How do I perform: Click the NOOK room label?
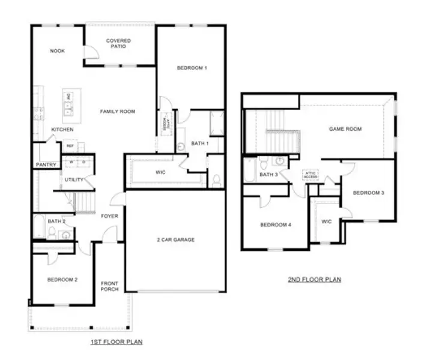(57, 51)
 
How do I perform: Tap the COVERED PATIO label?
(118, 44)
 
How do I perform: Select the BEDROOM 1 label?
(192, 68)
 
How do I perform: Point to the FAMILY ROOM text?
(117, 112)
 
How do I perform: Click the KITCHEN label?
(62, 130)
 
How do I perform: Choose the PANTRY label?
(46, 164)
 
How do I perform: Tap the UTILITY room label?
(75, 179)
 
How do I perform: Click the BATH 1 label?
(199, 143)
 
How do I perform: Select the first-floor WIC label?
(160, 172)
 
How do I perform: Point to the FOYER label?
(109, 216)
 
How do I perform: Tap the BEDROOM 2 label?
(62, 279)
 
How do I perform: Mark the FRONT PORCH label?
(109, 286)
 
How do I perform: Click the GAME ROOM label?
(345, 129)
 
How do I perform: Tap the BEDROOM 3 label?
(368, 193)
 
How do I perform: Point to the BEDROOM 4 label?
(275, 225)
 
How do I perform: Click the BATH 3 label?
(268, 175)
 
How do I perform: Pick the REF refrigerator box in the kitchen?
(70, 146)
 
